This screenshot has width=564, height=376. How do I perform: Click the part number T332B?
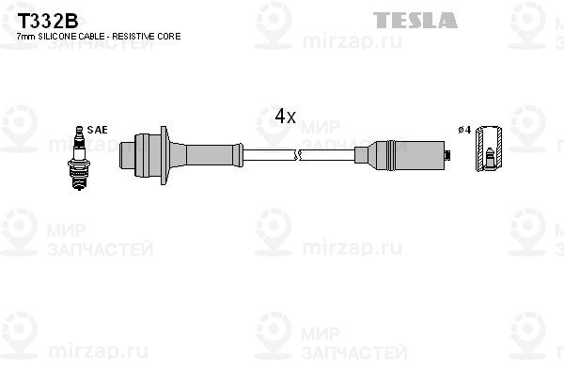pos(48,21)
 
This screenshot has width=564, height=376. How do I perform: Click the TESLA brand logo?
pos(415,20)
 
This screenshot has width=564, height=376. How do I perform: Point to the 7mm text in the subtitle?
pos(26,37)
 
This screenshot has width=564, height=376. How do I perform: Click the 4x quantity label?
pos(285,116)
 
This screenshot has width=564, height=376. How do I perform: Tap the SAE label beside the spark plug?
pos(97,130)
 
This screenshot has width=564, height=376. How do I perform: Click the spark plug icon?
pos(79,158)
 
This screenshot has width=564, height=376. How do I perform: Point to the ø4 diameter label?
pos(464,130)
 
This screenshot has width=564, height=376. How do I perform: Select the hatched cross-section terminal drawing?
pos(489,149)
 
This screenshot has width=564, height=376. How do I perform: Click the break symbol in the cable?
pos(297,155)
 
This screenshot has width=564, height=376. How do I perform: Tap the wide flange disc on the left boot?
pos(164,155)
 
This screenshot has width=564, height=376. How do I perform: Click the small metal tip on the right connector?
pos(447,155)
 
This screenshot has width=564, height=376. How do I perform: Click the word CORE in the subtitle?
pos(168,36)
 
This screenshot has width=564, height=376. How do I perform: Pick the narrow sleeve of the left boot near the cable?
pos(210,155)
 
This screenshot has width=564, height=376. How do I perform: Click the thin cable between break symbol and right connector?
pos(328,155)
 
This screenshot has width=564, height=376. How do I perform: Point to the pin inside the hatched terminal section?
pos(489,158)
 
